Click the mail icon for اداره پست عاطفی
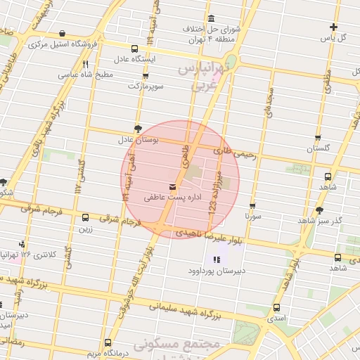tap(173, 186)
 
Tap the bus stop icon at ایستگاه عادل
tap(134, 49)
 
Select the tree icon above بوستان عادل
tap(138, 129)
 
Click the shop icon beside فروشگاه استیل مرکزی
tap(63, 33)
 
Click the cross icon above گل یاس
tap(333, 27)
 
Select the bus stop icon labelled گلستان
tap(318, 138)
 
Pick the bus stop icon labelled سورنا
tap(252, 206)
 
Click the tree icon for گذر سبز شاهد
tap(320, 210)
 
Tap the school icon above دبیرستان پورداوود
tap(215, 259)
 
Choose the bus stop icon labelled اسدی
tap(276, 307)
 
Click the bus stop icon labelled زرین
tap(86, 217)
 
